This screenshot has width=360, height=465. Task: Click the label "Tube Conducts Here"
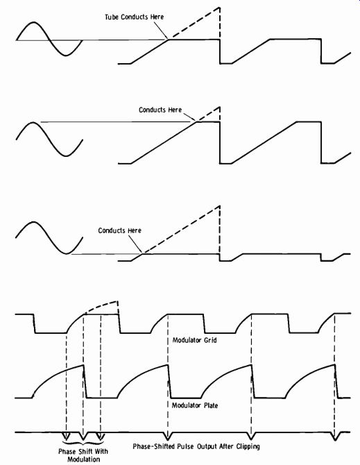pos(135,17)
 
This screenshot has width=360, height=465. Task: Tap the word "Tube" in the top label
pos(112,17)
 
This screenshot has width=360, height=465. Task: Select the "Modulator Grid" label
pos(194,340)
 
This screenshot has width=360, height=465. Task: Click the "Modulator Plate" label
pos(195,405)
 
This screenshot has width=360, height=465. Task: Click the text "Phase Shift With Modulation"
pos(83,455)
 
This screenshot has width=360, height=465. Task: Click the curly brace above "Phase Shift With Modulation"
pos(83,443)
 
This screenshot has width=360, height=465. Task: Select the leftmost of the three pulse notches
pos(67,436)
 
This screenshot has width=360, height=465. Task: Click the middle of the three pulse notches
pos(83,436)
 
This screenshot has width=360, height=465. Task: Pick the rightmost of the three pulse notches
pos(101,436)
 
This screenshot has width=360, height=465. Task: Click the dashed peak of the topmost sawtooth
pos(219,7)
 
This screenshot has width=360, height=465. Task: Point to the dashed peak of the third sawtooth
pos(219,206)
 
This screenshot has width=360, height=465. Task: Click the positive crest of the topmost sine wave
pos(34,22)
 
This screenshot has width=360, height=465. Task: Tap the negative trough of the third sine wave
pos(67,253)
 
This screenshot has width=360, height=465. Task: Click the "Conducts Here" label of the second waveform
pos(160,110)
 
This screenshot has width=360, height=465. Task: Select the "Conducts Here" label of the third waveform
pos(120,230)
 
